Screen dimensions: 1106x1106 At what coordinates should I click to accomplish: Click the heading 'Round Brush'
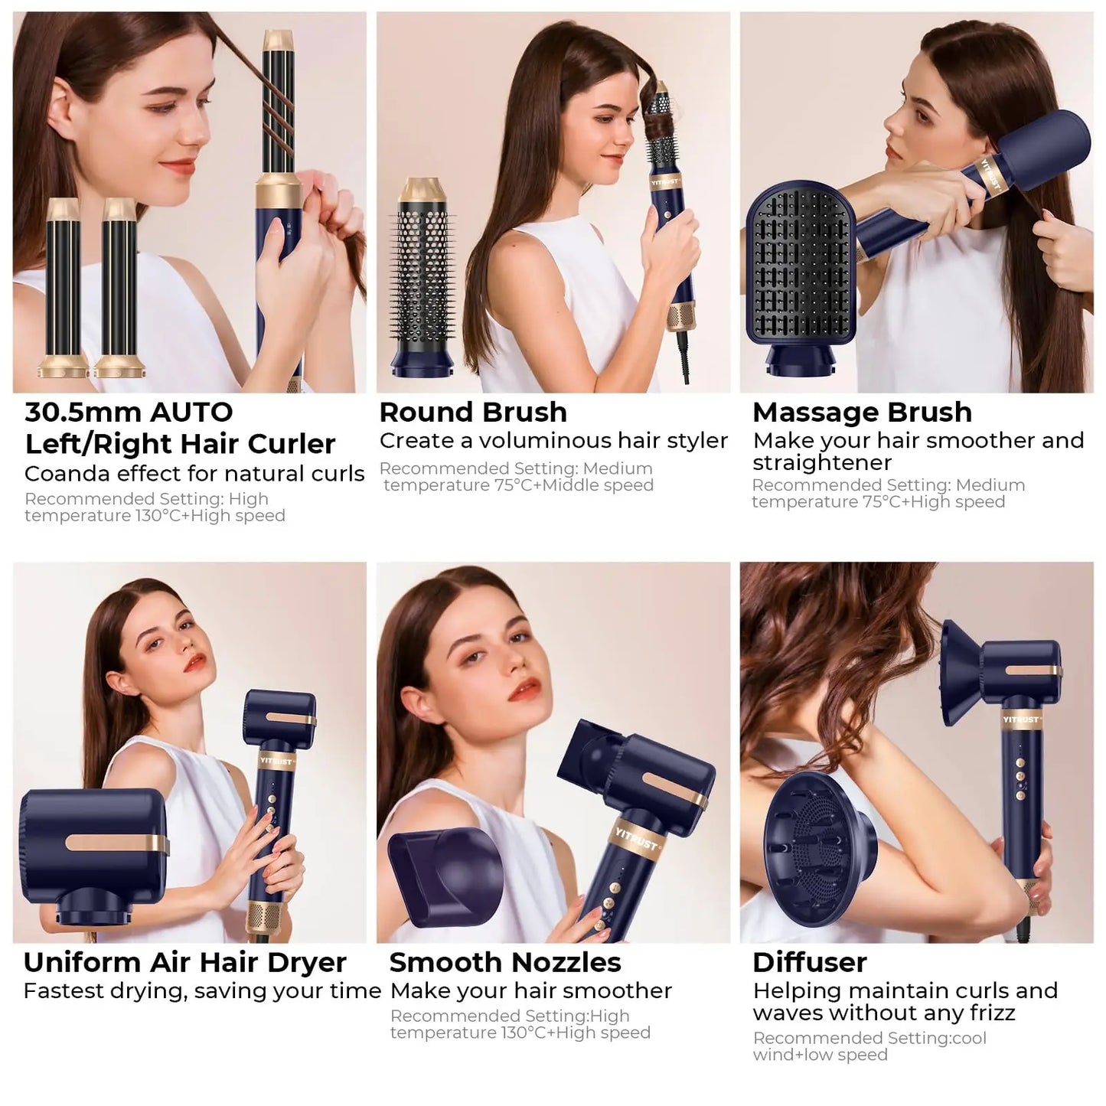pyautogui.click(x=473, y=413)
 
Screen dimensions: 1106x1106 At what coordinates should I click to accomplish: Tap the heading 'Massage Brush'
pyautogui.click(x=862, y=413)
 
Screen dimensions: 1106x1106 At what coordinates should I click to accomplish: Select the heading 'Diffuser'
pyautogui.click(x=809, y=962)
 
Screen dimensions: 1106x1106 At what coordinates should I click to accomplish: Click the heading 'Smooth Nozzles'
pyautogui.click(x=505, y=962)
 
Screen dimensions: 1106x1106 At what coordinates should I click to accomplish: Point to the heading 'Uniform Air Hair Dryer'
pyautogui.click(x=184, y=962)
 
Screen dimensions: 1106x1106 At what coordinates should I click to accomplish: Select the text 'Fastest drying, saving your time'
pyautogui.click(x=202, y=991)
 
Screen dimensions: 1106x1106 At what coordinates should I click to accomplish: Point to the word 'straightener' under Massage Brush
pyautogui.click(x=821, y=463)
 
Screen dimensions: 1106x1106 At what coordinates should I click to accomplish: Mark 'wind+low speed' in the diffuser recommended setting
pyautogui.click(x=820, y=1055)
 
